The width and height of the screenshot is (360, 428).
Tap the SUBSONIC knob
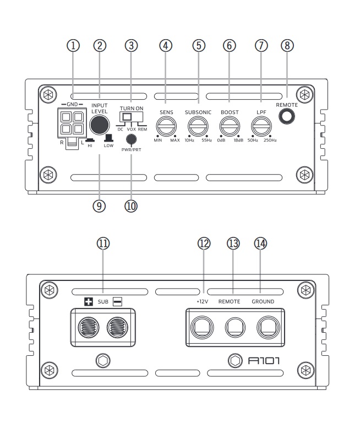pos(197,127)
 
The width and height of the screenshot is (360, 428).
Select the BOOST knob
pos(228,127)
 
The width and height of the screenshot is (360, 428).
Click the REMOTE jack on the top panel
pos(286,116)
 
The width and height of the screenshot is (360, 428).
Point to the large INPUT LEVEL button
pos(99,124)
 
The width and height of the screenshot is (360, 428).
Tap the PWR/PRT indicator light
pos(131,139)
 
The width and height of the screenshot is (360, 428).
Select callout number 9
pos(99,205)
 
